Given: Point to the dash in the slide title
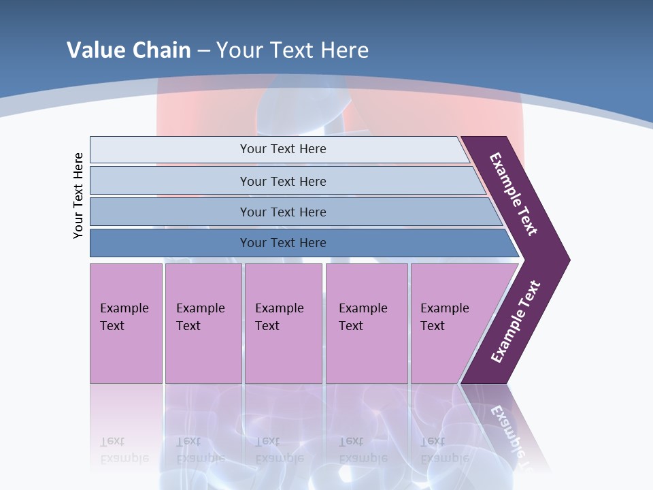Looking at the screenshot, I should tap(203, 51).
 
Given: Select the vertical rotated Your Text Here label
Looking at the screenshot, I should tap(78, 195).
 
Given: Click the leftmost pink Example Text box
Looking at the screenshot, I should tap(126, 323).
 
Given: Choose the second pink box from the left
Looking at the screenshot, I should tap(203, 323).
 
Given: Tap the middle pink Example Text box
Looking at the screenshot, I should tap(283, 323).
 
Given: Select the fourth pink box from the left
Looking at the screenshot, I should tap(367, 323).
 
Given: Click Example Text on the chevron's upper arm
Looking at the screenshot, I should tap(514, 194).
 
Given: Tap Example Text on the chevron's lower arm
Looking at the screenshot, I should tap(516, 322).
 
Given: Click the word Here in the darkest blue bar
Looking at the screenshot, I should tap(312, 243).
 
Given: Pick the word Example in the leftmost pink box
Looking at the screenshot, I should tap(124, 308).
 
